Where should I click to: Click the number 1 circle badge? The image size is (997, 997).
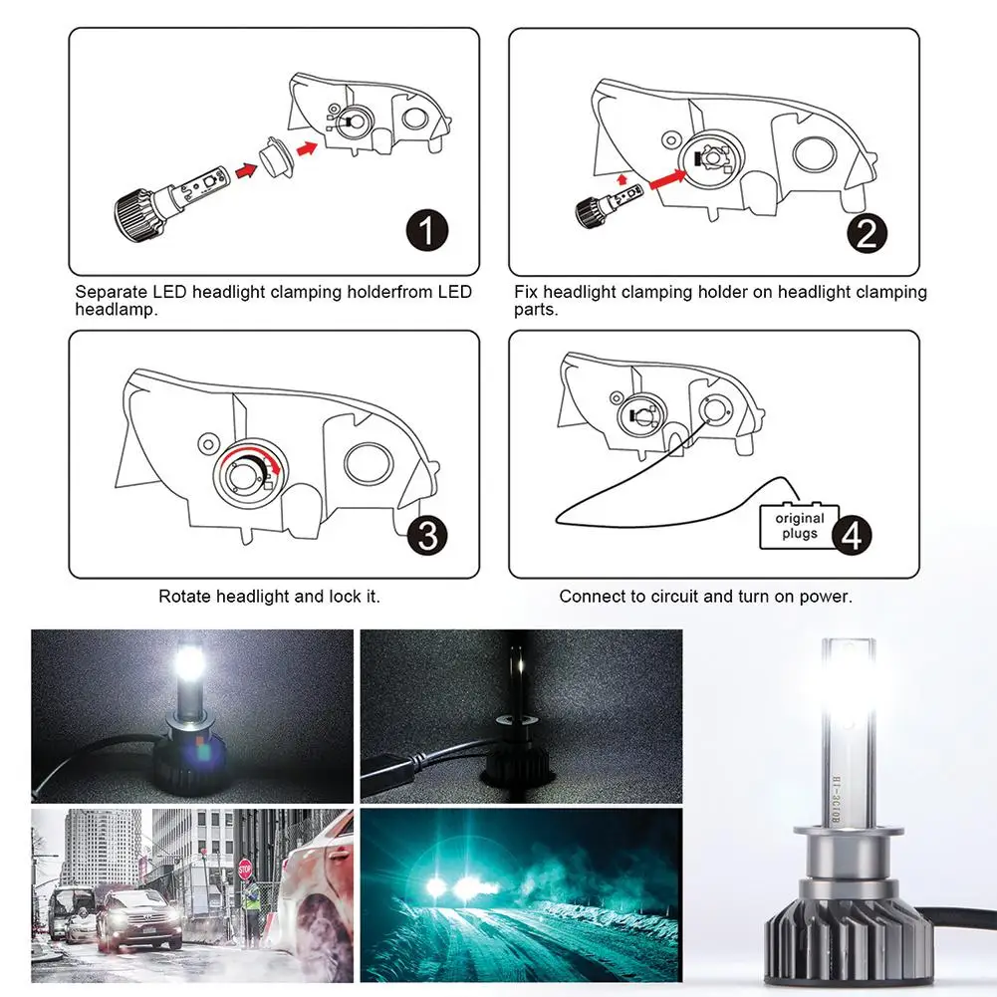click(x=426, y=232)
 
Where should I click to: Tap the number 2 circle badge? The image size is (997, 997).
click(x=867, y=233)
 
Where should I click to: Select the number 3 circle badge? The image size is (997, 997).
click(x=426, y=536)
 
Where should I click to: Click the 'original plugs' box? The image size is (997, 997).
click(x=799, y=526)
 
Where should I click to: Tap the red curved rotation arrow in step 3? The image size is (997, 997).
click(x=243, y=453)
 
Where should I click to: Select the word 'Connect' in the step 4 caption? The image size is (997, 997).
click(x=594, y=597)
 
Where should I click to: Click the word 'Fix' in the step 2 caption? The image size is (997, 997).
click(x=526, y=293)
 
